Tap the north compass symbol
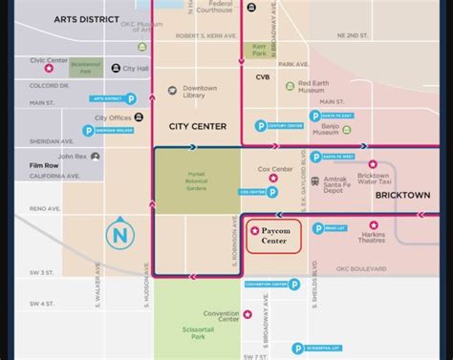(119, 234)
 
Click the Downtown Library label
(200, 92)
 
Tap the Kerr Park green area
(259, 50)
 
